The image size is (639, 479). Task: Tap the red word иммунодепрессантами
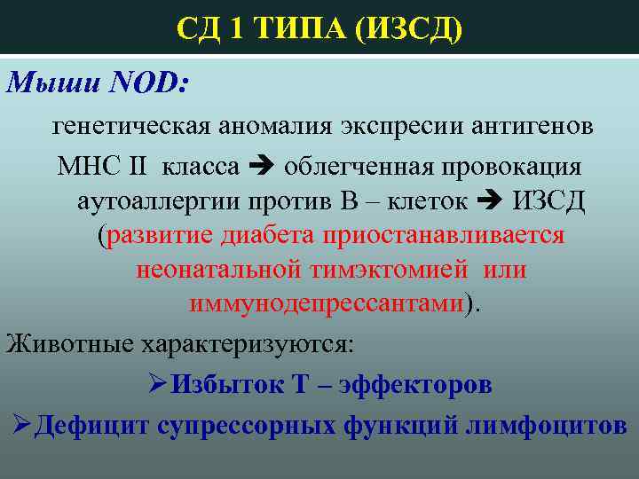(327, 304)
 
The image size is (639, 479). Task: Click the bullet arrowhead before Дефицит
(24, 426)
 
